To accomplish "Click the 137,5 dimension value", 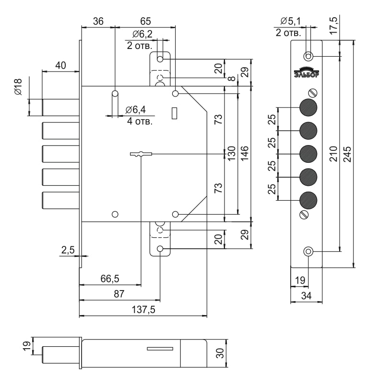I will tap(143, 310).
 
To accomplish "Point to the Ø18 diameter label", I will tap(18, 87).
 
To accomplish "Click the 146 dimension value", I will tap(244, 153).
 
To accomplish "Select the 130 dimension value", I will tap(231, 153).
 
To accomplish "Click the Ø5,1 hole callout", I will tap(290, 21).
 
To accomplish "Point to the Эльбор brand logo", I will tap(307, 72).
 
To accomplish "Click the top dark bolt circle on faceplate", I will tap(308, 107).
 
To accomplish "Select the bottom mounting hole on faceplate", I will tap(308, 252).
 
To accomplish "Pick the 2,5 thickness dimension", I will tap(68, 249).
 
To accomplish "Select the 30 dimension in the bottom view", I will tap(220, 353).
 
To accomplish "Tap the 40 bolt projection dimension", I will tap(60, 66).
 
